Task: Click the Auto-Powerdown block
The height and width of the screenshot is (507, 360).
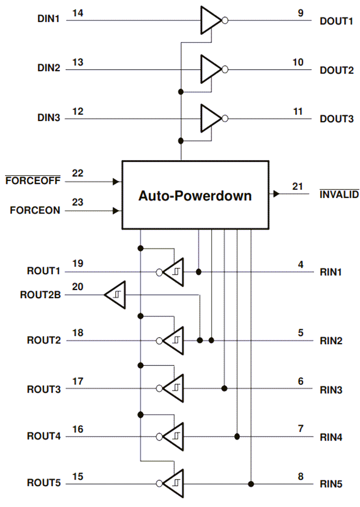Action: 195,195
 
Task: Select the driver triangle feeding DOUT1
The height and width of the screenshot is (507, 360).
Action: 210,20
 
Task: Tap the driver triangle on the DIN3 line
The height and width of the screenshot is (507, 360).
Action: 210,118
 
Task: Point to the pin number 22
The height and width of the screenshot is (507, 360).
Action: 77,173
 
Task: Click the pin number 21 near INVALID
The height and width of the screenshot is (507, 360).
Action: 298,186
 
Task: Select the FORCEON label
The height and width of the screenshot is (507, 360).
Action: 35,211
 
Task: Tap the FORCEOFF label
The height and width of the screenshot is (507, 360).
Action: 33,182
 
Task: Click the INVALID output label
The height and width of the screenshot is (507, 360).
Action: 339,195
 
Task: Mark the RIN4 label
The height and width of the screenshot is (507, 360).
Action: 331,437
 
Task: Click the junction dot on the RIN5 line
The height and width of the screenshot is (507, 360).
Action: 251,484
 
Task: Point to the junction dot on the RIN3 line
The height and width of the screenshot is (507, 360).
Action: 224,389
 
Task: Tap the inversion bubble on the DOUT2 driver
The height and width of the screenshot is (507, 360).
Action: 224,70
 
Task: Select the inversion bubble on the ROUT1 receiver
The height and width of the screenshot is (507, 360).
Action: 159,272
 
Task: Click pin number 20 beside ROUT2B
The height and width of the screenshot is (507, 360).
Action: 77,287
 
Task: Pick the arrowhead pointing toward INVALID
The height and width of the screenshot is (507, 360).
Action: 276,194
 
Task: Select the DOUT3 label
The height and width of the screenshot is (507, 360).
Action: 336,119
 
